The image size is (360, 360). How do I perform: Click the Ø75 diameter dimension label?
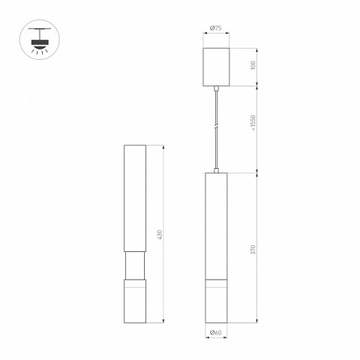[x=216, y=28]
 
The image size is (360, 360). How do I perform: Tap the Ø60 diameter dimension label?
[x=216, y=332]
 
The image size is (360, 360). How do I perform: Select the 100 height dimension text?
[x=253, y=65]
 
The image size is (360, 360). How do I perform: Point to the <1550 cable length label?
[x=253, y=123]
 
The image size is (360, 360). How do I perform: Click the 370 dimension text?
[x=253, y=250]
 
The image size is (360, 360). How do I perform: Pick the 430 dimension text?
[x=160, y=235]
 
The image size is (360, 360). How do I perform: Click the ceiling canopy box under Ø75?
[x=216, y=67]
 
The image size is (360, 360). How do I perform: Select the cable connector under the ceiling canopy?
[x=216, y=88]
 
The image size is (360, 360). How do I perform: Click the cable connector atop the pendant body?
[x=216, y=170]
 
